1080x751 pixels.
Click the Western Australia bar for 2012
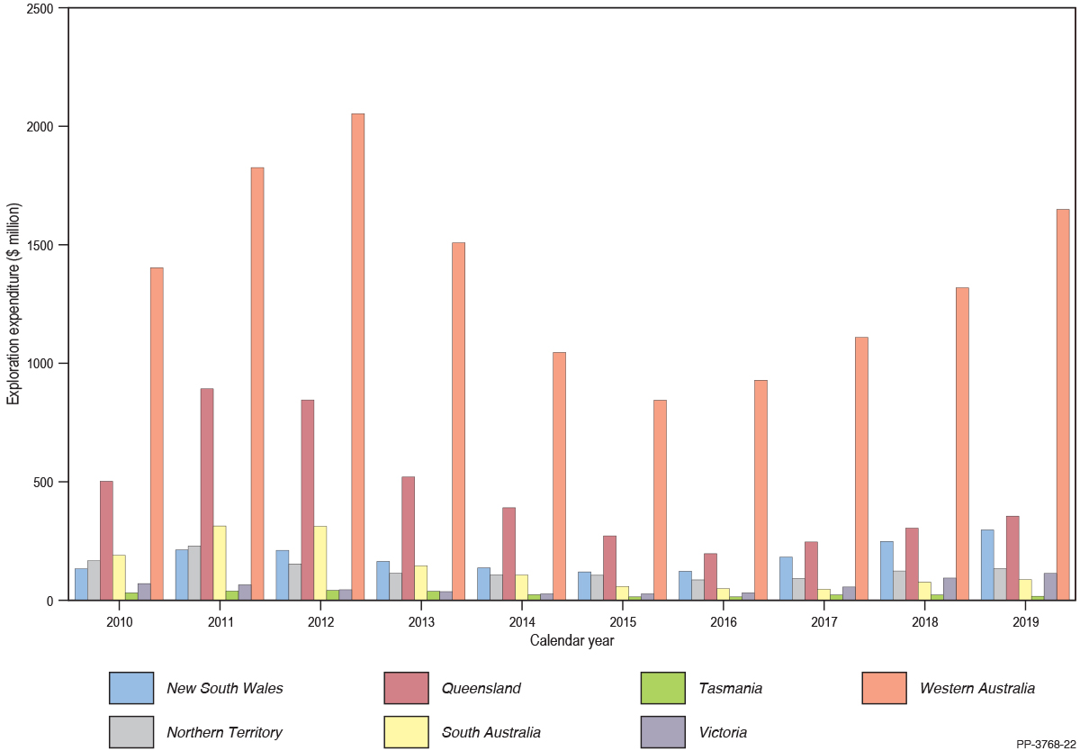pyautogui.click(x=358, y=357)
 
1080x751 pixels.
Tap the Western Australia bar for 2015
pyautogui.click(x=660, y=500)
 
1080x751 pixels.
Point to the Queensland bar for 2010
pyautogui.click(x=106, y=540)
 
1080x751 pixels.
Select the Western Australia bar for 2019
pyautogui.click(x=1063, y=404)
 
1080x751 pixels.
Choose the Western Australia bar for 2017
pyautogui.click(x=861, y=468)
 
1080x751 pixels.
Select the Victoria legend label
pyautogui.click(x=723, y=732)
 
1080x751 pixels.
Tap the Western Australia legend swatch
pyautogui.click(x=884, y=689)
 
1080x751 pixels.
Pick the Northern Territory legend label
pyautogui.click(x=224, y=732)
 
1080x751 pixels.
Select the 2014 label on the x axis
pyautogui.click(x=523, y=622)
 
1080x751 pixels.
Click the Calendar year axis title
pyautogui.click(x=571, y=641)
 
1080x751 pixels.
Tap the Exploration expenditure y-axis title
pyautogui.click(x=13, y=304)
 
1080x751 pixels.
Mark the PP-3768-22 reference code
pyautogui.click(x=1045, y=744)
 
